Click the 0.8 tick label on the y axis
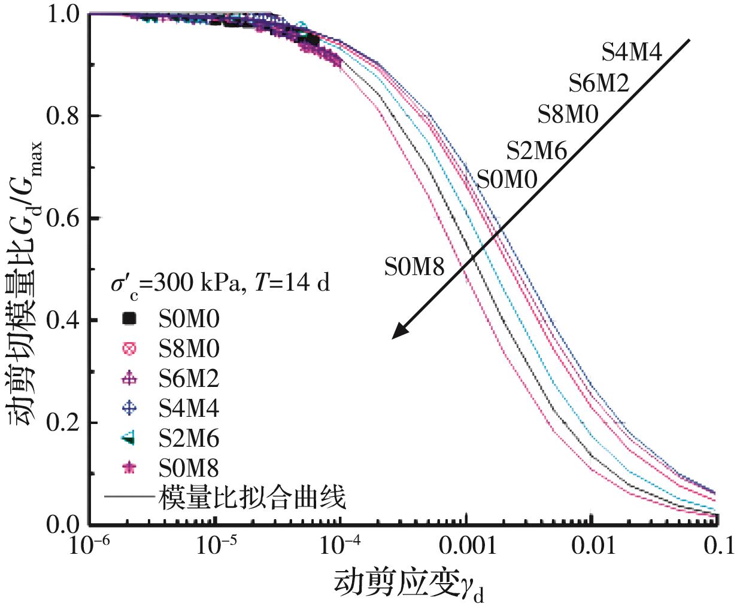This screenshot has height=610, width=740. point(62,116)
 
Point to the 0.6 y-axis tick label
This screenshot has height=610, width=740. point(62,218)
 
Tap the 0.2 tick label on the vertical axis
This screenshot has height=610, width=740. point(62,423)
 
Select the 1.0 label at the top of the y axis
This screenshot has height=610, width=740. point(62,14)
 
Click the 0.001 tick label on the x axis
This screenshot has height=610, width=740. point(468,545)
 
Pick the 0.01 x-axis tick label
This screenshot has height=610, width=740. point(593,545)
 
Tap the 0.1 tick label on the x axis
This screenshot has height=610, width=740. point(718,545)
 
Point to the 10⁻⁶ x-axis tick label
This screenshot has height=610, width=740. point(90,545)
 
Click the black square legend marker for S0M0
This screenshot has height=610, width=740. point(128,319)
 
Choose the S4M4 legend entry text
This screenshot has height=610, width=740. point(189,408)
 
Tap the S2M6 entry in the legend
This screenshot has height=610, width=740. point(189,439)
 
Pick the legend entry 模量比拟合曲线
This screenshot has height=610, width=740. point(252,497)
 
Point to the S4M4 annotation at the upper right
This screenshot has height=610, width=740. point(632,53)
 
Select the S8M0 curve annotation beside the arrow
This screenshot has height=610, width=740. point(568,114)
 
